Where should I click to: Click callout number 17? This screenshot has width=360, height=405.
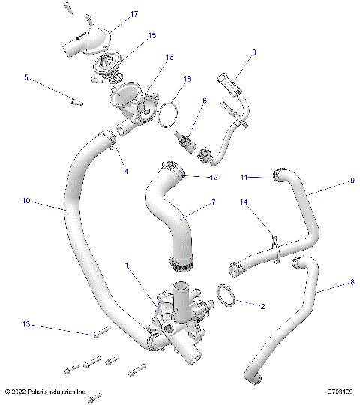(x=134, y=14)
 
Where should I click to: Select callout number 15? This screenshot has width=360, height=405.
(x=151, y=35)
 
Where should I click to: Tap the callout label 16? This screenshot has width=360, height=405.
(x=169, y=57)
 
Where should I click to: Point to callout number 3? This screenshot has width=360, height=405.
(x=253, y=52)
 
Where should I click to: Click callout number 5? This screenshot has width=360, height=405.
(x=26, y=76)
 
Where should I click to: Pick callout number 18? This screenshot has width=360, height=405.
(x=187, y=78)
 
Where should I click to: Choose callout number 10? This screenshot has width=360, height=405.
(x=25, y=200)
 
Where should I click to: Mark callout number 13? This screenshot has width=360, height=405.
(x=25, y=325)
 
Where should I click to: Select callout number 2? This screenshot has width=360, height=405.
(x=262, y=306)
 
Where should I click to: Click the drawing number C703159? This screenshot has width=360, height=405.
(x=339, y=391)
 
